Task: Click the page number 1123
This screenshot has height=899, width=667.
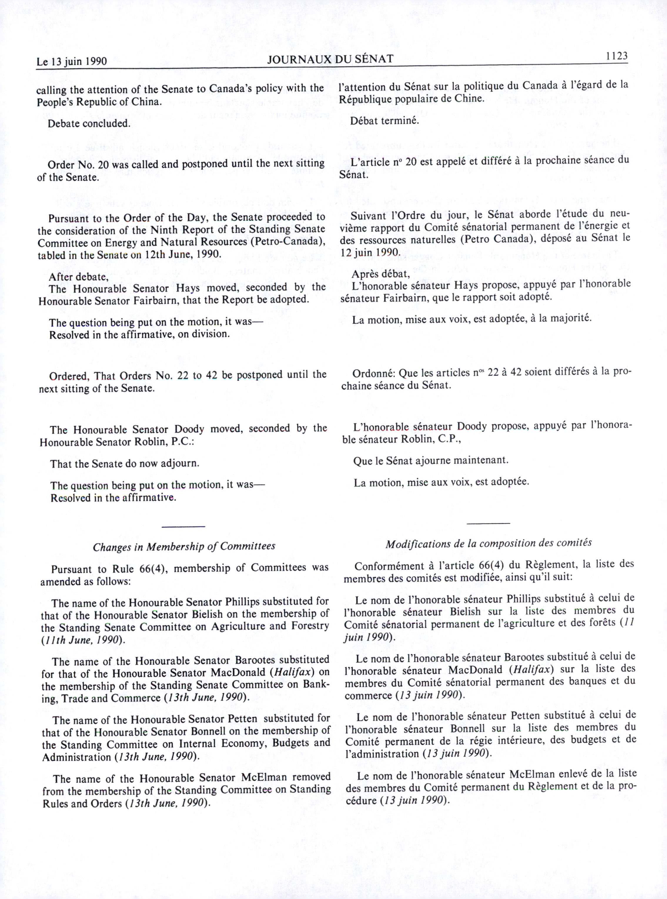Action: point(616,56)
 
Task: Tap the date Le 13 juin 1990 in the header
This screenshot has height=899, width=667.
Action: point(71,61)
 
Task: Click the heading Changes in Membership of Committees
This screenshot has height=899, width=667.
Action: point(184,547)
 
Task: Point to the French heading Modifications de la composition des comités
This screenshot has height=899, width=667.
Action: point(489,543)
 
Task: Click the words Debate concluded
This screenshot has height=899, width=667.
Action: point(89,123)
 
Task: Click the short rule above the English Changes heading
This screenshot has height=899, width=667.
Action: point(183,526)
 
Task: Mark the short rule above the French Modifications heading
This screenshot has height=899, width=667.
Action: point(488,524)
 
